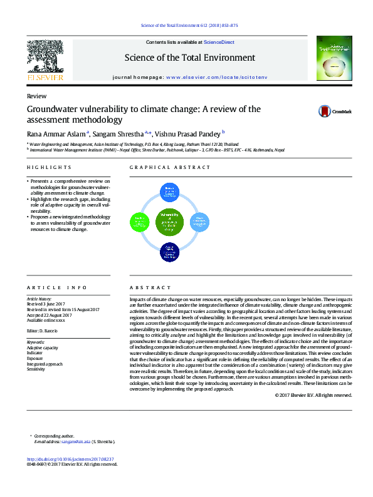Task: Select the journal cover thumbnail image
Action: tap(333, 58)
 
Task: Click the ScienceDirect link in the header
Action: tap(219, 42)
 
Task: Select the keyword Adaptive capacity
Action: tap(43, 347)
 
